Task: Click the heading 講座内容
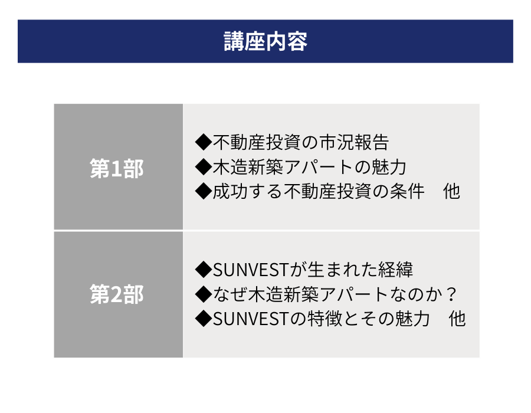tap(265, 41)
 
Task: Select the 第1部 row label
tap(117, 168)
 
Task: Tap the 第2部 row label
tap(117, 294)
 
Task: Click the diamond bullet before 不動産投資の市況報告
tap(204, 142)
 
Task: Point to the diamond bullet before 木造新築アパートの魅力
tap(204, 167)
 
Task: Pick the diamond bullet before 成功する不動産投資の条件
tap(204, 191)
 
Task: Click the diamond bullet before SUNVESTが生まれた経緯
tap(204, 270)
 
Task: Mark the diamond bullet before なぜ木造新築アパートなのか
tap(204, 294)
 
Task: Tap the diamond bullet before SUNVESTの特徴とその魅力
tap(204, 319)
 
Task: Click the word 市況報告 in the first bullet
tap(354, 142)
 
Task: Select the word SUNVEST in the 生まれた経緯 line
tap(251, 270)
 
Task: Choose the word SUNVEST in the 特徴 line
tap(251, 319)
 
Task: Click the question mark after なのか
tap(451, 294)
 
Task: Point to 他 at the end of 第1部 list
tap(451, 191)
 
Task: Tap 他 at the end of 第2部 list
tap(457, 319)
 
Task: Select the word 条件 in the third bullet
tap(407, 191)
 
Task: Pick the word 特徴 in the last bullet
tap(324, 319)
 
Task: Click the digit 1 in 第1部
tap(117, 169)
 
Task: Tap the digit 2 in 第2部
tap(117, 294)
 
